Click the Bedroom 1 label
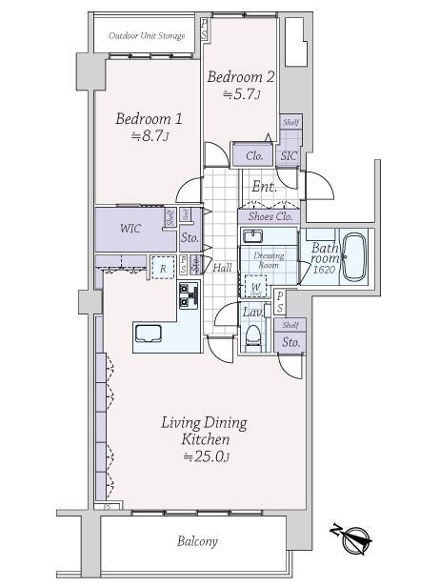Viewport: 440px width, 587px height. tap(149, 119)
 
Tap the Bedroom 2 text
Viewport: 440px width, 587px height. tap(242, 76)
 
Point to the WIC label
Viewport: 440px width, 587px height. tap(132, 230)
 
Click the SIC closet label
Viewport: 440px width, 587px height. tap(288, 156)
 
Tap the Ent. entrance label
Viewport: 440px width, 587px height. tap(265, 187)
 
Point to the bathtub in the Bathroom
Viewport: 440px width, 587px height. tap(354, 257)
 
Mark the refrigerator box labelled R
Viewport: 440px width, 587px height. tap(163, 269)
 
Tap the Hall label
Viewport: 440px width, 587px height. tap(223, 268)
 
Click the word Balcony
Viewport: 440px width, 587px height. tap(197, 541)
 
